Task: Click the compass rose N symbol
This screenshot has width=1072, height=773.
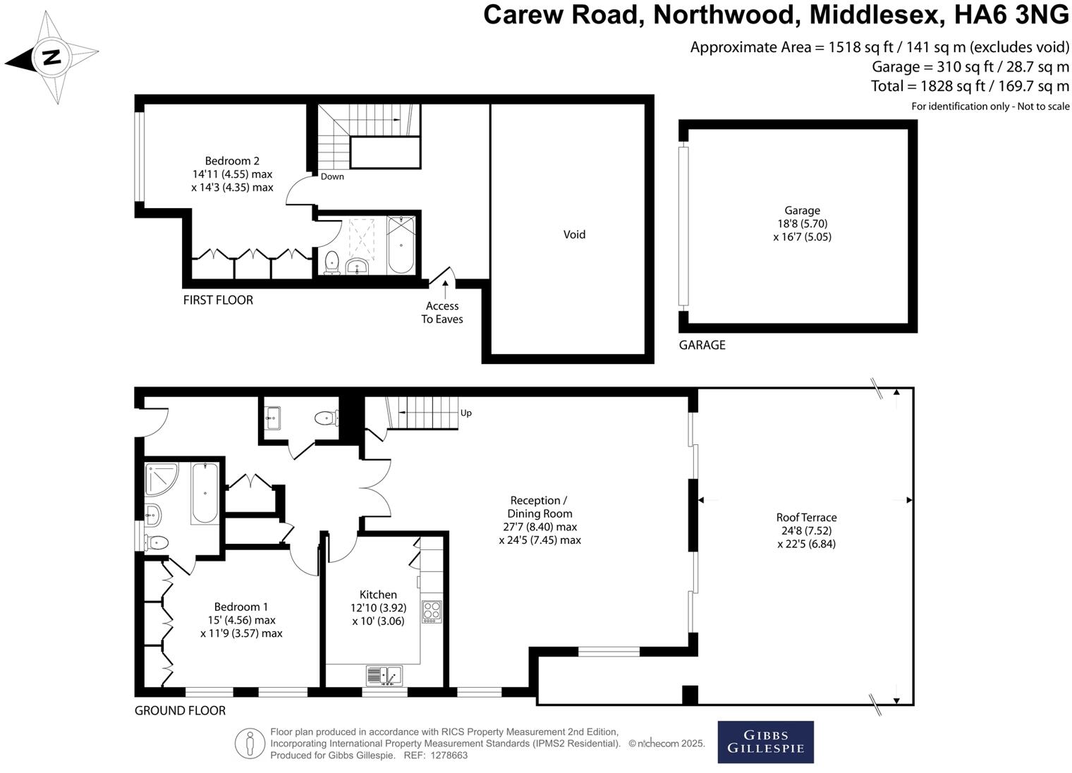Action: (x=51, y=57)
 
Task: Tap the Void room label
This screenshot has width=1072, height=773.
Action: (x=574, y=235)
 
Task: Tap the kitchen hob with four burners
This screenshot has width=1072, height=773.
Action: (x=431, y=611)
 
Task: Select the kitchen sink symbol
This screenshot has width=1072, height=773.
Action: (x=384, y=676)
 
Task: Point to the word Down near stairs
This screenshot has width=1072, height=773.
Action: (x=332, y=176)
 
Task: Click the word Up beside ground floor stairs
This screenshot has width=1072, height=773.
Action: (x=465, y=413)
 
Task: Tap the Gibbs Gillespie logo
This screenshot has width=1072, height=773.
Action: (x=765, y=742)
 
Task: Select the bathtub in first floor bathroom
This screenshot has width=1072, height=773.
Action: (x=401, y=245)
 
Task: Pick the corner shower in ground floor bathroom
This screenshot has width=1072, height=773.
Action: (x=162, y=479)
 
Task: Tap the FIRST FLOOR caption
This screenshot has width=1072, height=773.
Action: (x=218, y=300)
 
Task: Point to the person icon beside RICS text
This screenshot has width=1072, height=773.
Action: (x=250, y=743)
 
